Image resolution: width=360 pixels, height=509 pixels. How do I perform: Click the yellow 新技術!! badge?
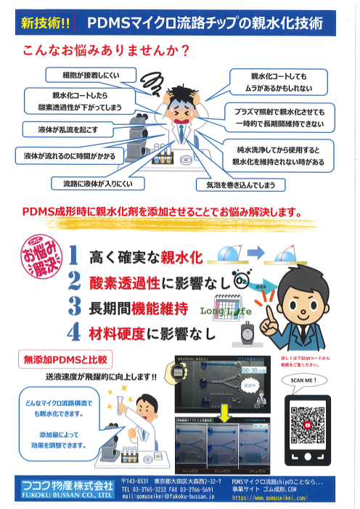(46, 23)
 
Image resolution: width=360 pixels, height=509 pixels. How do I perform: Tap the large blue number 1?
(74, 255)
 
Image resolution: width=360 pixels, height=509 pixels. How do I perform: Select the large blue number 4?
(74, 333)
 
